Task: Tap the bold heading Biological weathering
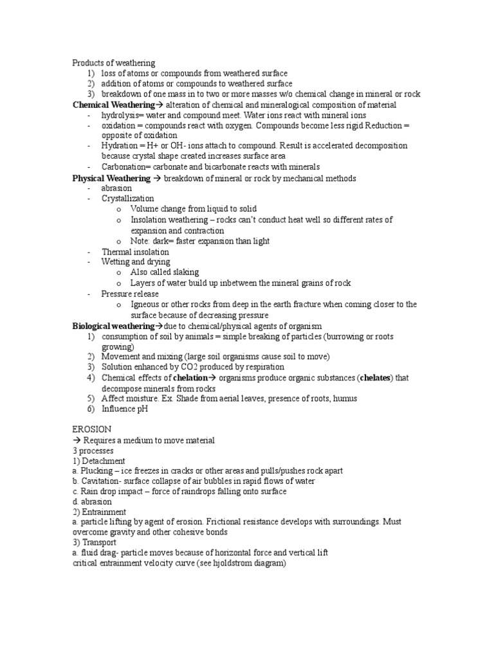tap(113, 326)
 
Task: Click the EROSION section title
tap(92, 429)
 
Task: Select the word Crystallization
tap(127, 199)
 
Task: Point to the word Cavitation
tap(99, 481)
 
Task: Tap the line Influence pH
tap(125, 409)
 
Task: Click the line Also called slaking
tap(164, 272)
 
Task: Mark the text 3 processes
tap(93, 450)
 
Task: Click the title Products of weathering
tap(113, 63)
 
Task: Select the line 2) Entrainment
tap(99, 512)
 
